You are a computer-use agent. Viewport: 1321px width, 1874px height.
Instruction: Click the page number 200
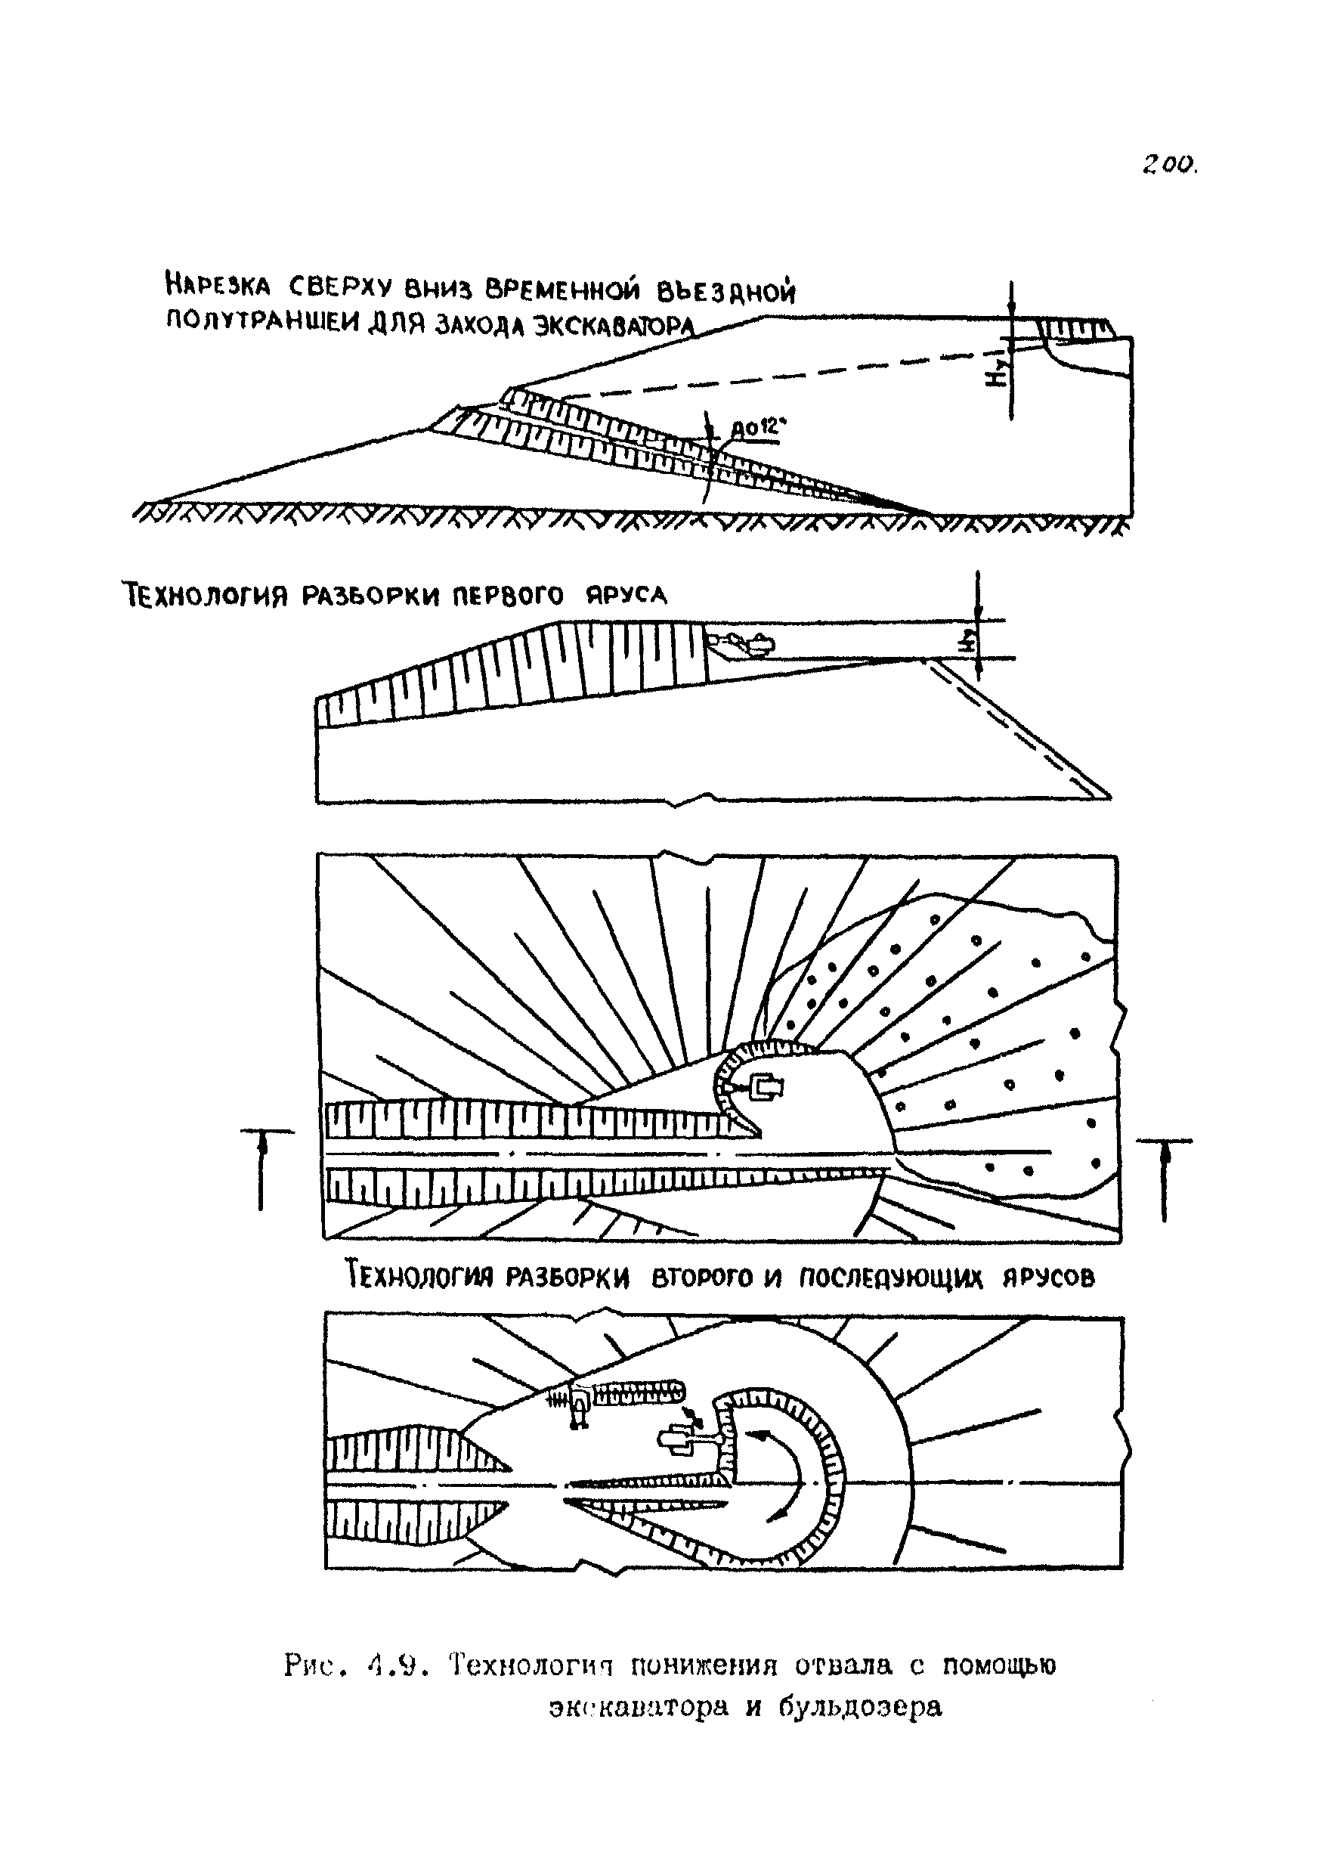pos(1170,166)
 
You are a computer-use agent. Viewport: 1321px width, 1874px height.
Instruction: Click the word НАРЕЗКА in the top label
pos(217,286)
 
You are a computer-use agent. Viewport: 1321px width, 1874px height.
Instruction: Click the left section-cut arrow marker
pos(263,1168)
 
